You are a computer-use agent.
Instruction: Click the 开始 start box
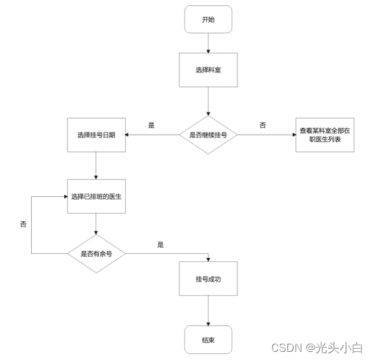coord(208,20)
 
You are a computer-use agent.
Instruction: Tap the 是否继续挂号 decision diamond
coord(208,135)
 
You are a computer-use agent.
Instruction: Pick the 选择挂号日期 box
coord(96,135)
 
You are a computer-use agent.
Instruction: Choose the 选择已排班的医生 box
coord(96,196)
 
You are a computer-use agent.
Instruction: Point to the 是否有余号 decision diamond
coord(96,253)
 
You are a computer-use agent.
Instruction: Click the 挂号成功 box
coord(208,278)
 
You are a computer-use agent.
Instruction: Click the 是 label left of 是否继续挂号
coord(152,125)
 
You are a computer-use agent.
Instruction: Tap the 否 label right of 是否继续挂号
coord(262,125)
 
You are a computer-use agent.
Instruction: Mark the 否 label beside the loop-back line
coord(24,223)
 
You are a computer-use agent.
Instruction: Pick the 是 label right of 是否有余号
coord(160,244)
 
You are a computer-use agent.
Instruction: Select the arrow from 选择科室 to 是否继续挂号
coord(208,99)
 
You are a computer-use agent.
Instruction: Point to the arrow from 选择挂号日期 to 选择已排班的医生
coord(96,165)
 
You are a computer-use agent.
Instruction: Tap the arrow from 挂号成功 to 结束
coord(208,309)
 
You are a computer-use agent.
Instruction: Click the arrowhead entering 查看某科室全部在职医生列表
coord(294,135)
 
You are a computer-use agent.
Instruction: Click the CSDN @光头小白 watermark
coord(317,348)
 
